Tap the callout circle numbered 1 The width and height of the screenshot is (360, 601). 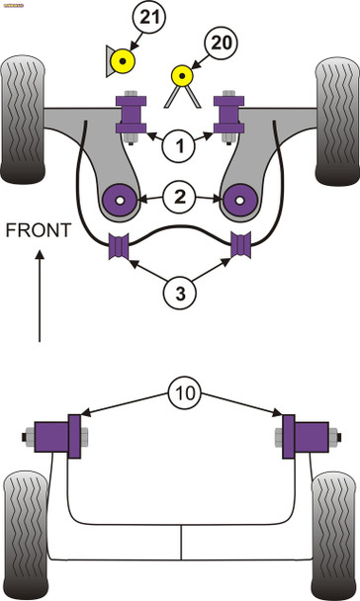[180, 147]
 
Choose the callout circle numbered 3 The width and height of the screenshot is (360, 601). [180, 293]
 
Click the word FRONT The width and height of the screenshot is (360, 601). [39, 230]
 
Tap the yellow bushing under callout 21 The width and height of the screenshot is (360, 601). [123, 64]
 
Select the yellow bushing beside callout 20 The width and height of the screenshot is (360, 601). [181, 75]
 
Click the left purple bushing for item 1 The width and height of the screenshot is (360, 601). [131, 116]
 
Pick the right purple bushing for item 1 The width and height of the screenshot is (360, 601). [231, 116]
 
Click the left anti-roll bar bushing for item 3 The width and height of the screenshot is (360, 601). [120, 250]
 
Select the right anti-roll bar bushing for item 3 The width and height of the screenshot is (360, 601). [240, 250]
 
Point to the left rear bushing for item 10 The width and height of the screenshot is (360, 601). [58, 437]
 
